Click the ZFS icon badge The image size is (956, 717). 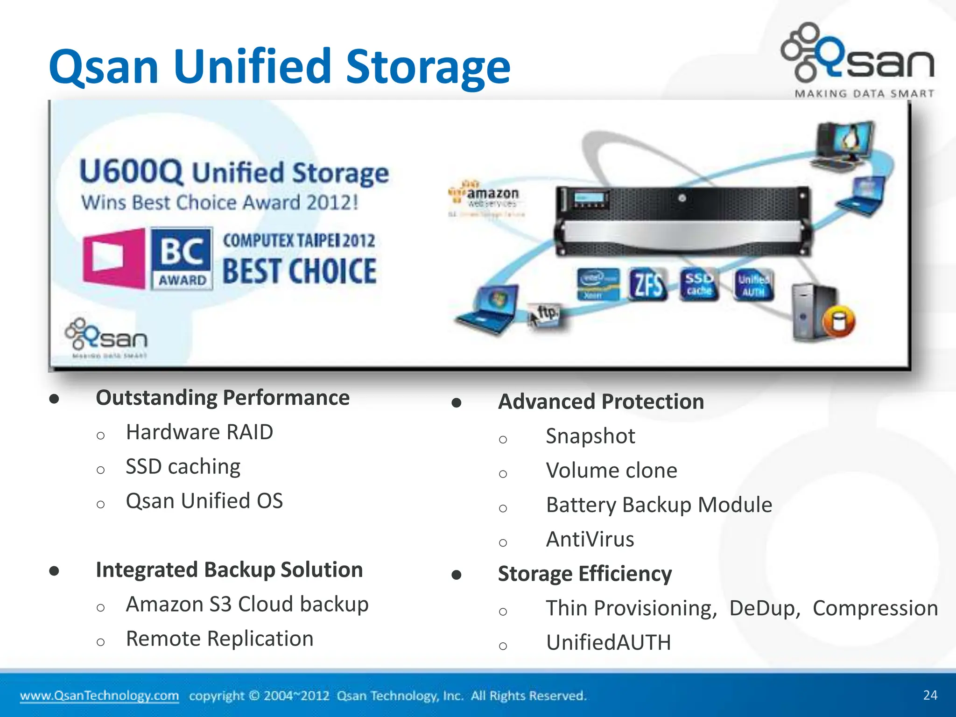(x=648, y=284)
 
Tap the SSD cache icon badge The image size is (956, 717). (x=699, y=284)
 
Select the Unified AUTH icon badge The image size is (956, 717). (x=753, y=284)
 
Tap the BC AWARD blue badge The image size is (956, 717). (x=182, y=258)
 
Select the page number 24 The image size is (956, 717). (x=930, y=695)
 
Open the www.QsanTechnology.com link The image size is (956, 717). (x=99, y=696)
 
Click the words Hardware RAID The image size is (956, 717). (x=199, y=432)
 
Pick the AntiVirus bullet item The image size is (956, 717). (x=590, y=539)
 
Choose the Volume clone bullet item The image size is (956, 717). (x=612, y=471)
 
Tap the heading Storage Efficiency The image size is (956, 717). (x=585, y=574)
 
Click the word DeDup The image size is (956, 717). (x=765, y=608)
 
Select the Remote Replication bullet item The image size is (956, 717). (x=219, y=639)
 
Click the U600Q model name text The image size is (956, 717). (x=131, y=172)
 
